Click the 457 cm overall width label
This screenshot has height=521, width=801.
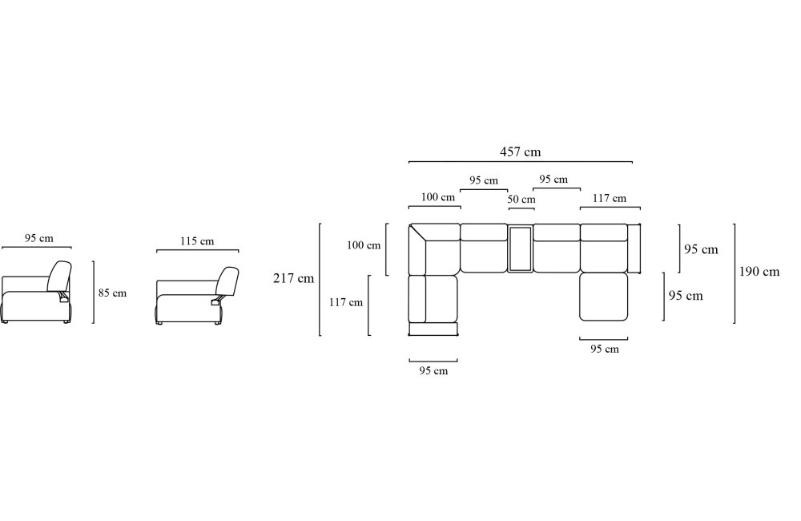520,151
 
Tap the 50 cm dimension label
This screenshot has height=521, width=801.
521,199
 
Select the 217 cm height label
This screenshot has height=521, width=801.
293,278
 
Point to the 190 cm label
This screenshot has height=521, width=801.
759,272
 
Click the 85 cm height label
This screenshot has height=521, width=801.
112,293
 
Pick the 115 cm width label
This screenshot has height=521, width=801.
197,240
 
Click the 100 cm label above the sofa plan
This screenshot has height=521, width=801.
438,197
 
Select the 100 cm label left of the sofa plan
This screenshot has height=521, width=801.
363,245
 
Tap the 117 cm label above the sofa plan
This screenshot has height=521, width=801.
609,198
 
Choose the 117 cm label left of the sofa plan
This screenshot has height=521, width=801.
345,302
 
